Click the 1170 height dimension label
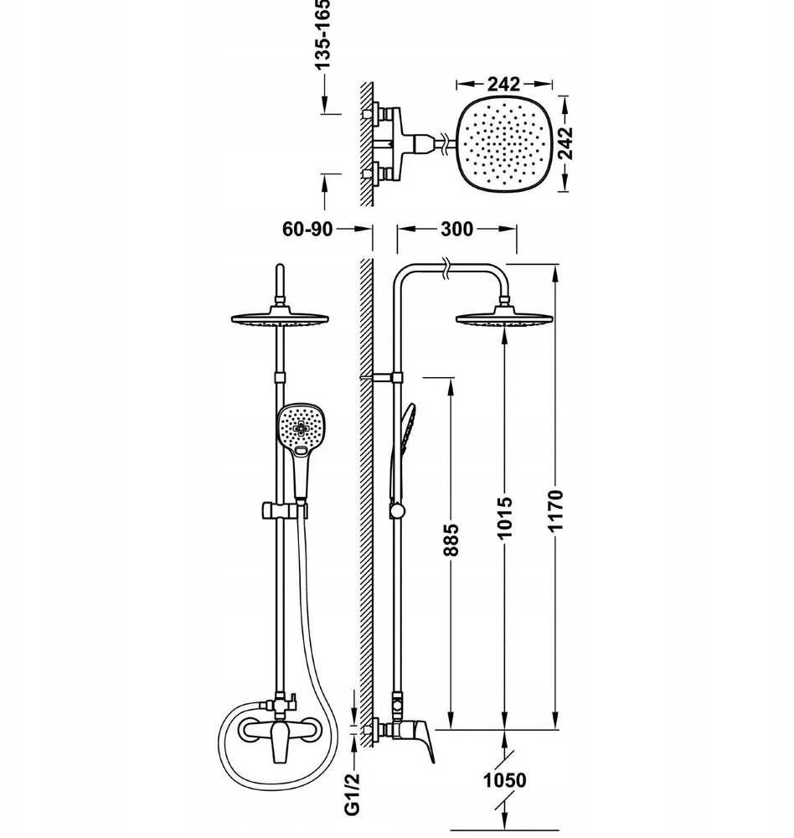point(555,510)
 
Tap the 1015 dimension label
point(505,517)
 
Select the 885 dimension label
point(451,540)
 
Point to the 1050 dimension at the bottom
point(505,779)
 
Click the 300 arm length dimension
point(456,229)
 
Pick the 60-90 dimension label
point(307,229)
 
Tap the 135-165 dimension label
point(322,34)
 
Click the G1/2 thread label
point(352,794)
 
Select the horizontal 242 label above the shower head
point(503,84)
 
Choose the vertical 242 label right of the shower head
point(565,143)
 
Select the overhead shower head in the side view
point(504,318)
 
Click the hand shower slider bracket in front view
point(284,510)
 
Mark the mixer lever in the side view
point(421,740)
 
